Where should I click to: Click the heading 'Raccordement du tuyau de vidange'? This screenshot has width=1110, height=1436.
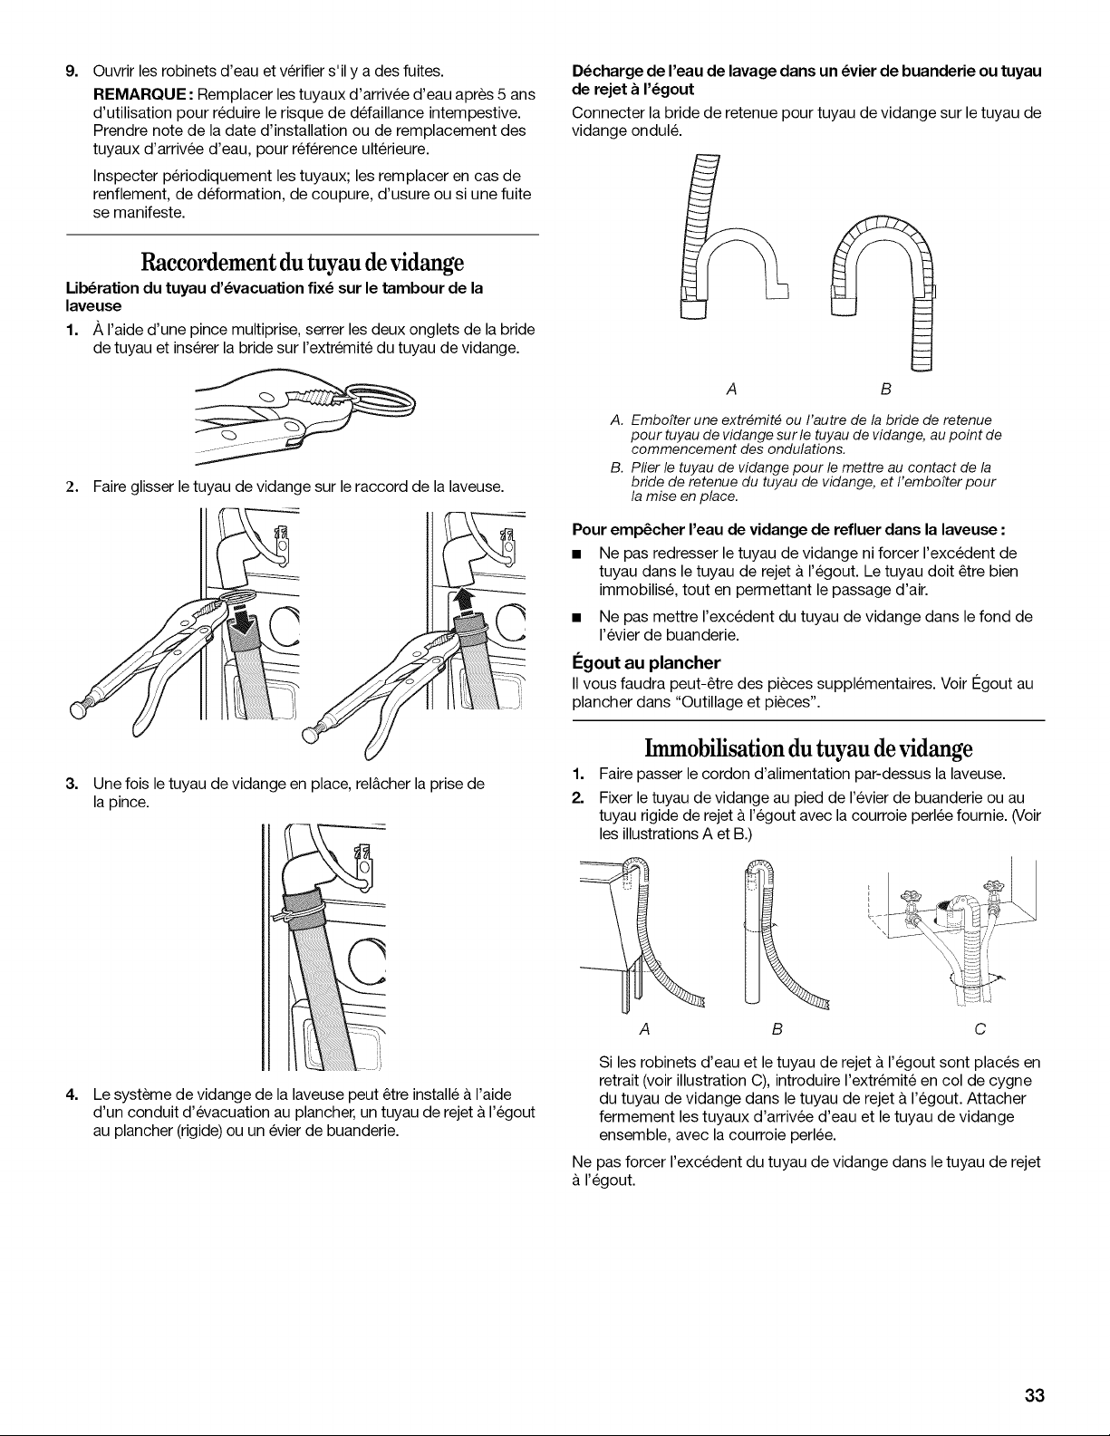click(x=302, y=263)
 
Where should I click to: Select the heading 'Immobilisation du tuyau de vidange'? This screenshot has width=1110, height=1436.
click(x=808, y=748)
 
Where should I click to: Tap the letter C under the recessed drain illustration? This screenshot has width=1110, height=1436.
click(x=980, y=1029)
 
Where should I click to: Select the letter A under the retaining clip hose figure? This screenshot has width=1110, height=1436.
click(x=731, y=390)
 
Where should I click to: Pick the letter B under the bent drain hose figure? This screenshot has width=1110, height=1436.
click(x=886, y=390)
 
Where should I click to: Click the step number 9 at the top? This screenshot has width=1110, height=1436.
click(x=72, y=71)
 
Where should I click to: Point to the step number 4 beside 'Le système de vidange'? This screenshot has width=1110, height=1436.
click(x=72, y=1094)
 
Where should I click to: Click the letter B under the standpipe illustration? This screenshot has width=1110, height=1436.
click(x=777, y=1029)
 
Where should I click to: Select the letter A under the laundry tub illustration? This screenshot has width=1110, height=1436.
click(x=645, y=1029)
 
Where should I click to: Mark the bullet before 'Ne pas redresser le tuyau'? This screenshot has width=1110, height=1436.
click(x=577, y=554)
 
